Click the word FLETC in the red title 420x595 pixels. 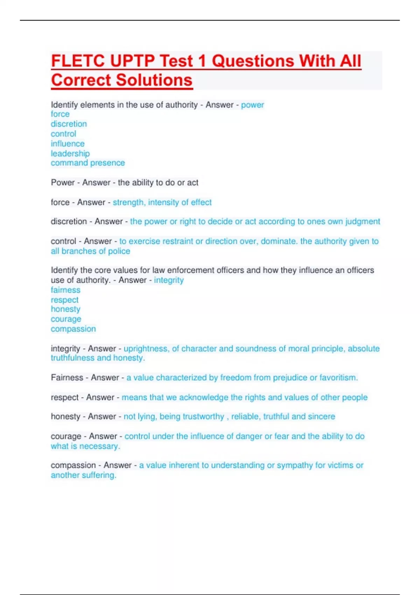(78, 61)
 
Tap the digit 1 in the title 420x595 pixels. (202, 61)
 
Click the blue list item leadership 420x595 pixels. (70, 153)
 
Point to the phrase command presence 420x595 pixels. (88, 163)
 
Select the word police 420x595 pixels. (119, 251)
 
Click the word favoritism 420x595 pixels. (338, 378)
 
